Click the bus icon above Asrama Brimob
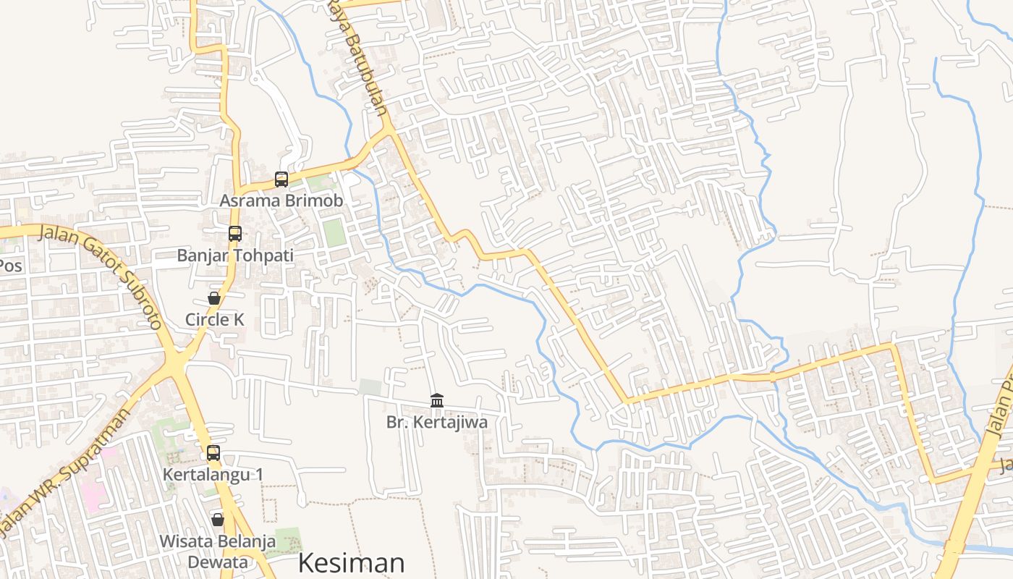click(281, 179)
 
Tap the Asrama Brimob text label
click(281, 200)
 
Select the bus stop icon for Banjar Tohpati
click(235, 233)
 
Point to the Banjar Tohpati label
click(235, 255)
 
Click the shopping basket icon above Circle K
click(214, 297)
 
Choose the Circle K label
click(215, 319)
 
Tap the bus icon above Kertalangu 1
click(213, 453)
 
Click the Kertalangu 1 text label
click(213, 475)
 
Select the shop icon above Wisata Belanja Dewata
click(218, 519)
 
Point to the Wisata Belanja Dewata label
click(218, 551)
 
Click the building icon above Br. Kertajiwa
click(437, 400)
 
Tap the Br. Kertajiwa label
click(437, 422)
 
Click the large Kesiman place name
click(351, 563)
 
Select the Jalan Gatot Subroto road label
click(101, 275)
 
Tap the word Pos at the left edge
click(10, 266)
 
